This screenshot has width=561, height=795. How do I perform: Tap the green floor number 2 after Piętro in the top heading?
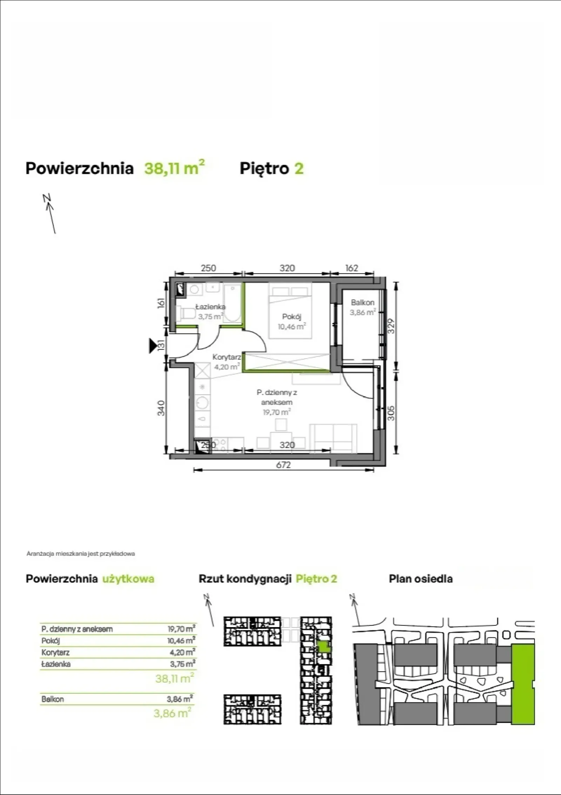(x=299, y=168)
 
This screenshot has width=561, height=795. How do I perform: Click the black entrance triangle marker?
(x=153, y=346)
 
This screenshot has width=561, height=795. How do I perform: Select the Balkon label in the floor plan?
(x=363, y=302)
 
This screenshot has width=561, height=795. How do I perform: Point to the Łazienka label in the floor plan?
(x=210, y=307)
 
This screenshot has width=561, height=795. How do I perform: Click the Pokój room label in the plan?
(x=292, y=317)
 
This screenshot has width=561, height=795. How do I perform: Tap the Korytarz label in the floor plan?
(x=227, y=357)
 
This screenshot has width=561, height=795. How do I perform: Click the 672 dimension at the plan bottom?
(x=283, y=465)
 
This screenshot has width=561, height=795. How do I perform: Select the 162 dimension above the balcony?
(x=351, y=268)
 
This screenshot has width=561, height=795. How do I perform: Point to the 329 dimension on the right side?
(x=392, y=326)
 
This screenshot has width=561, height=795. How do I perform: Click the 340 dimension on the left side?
(x=161, y=408)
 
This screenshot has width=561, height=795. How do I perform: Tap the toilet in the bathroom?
(x=186, y=313)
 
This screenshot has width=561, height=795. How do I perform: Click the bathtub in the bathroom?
(x=232, y=303)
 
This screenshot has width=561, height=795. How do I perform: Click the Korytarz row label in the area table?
(x=55, y=652)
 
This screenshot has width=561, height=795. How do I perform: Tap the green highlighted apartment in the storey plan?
(x=324, y=646)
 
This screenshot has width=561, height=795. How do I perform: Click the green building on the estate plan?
(x=523, y=684)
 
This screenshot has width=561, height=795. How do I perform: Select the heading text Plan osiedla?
(x=421, y=579)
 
